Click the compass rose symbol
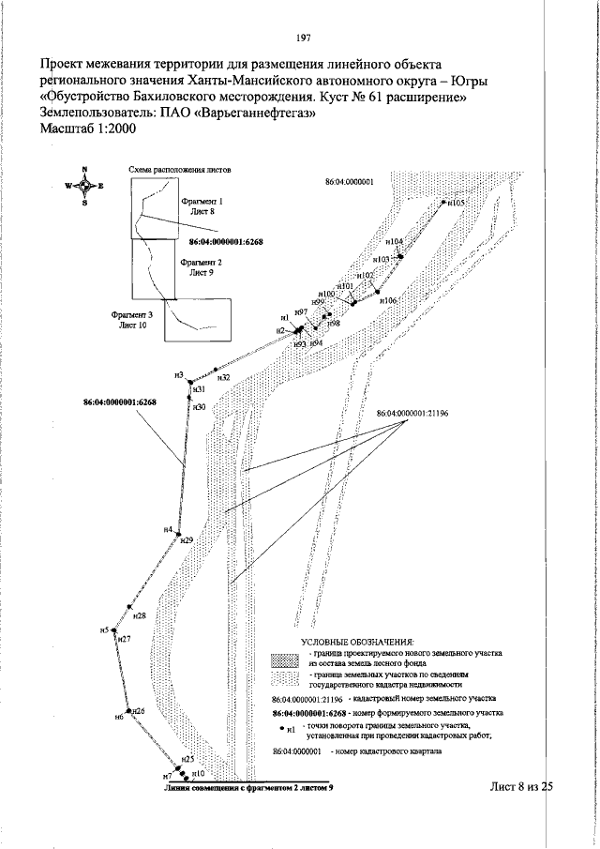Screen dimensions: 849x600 pos(84,186)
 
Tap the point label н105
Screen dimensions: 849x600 pos(457,202)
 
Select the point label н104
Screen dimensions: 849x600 pos(395,241)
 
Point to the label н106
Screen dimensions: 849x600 pos(388,300)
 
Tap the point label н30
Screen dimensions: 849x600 pos(199,407)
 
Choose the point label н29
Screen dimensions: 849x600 pos(187,541)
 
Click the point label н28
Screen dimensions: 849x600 pos(140,616)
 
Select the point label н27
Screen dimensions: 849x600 pos(125,639)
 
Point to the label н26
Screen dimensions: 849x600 pos(138,711)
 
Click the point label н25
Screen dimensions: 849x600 pos(187,758)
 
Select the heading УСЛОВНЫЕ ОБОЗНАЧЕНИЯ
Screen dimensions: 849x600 pos(346,640)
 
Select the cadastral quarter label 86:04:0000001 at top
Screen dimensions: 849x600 pos(350,184)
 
